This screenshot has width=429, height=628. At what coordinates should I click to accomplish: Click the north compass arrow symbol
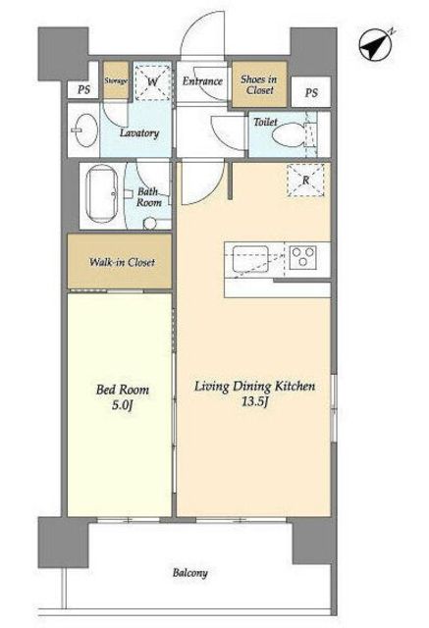376,45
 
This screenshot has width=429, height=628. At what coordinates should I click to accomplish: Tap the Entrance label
202,81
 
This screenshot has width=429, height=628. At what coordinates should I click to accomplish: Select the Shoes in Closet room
259,84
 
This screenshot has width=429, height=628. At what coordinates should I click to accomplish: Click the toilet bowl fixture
288,133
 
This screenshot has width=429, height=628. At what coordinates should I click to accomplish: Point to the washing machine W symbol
152,81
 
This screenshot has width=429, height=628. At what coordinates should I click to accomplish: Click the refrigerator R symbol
305,181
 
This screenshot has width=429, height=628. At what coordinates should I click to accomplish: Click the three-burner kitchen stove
303,257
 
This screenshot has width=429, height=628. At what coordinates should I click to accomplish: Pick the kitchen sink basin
250,259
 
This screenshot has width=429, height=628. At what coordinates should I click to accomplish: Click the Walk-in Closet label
122,262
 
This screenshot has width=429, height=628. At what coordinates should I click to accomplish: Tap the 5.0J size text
122,405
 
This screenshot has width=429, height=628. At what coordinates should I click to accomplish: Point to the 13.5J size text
254,401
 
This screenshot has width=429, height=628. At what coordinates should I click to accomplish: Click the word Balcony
189,573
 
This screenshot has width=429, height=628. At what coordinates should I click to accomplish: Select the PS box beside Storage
83,89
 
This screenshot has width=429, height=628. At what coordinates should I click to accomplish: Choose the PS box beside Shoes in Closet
311,92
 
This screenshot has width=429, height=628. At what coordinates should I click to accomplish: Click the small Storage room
116,80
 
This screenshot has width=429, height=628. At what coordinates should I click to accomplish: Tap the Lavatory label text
139,133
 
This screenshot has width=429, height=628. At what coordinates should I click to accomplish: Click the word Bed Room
122,390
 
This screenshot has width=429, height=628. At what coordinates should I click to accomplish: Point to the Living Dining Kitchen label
255,387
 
